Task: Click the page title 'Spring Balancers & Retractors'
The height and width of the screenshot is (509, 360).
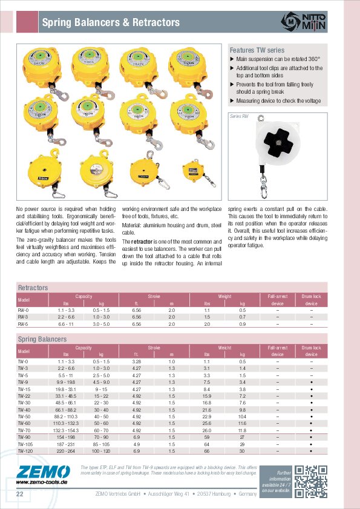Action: point(111,23)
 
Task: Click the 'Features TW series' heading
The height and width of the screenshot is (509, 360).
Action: point(257,50)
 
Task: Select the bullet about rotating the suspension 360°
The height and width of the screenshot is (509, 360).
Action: point(278,59)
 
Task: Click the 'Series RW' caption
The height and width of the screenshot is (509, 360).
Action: point(239,115)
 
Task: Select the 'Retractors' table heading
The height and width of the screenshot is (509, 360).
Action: point(33,288)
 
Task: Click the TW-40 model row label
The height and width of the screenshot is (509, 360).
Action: point(24,410)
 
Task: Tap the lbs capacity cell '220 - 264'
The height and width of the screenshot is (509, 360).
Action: point(66,451)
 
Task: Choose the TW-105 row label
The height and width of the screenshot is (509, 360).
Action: point(25,443)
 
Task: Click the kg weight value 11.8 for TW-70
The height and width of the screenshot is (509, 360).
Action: point(242,430)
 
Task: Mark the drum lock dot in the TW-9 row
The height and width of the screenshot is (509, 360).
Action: point(311,382)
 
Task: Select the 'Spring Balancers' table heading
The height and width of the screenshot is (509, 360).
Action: point(42,339)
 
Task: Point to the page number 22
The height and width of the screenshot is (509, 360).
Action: point(19,494)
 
